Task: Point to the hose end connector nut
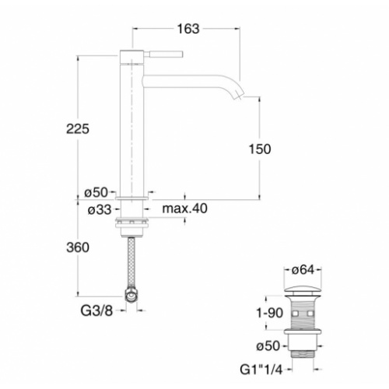coord(132,296)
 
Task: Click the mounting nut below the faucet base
coord(131,226)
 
